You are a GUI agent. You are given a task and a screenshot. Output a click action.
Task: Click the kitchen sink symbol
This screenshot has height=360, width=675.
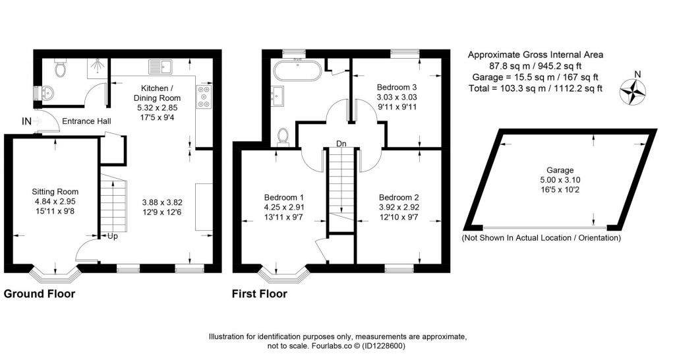coord(160,66)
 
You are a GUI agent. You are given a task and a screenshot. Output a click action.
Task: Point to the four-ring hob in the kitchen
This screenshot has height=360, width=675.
coord(204,97)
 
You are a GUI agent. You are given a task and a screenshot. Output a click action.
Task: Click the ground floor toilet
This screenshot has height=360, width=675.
coord(60,68)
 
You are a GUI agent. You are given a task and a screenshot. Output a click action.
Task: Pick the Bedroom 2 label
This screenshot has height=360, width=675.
coord(399,197)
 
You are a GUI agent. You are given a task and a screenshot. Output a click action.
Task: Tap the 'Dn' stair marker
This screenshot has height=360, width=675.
coord(341,143)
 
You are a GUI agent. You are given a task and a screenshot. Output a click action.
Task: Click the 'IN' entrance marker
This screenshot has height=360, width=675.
coord(26,121)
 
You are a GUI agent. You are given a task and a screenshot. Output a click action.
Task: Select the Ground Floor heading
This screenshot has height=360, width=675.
coord(40,294)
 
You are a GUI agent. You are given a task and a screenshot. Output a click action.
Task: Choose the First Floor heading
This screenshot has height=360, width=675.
coord(260,294)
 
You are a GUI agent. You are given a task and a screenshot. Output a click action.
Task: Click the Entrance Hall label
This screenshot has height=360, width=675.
coord(86,122)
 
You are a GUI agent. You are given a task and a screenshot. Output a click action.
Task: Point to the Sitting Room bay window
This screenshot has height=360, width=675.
coord(55,270)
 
